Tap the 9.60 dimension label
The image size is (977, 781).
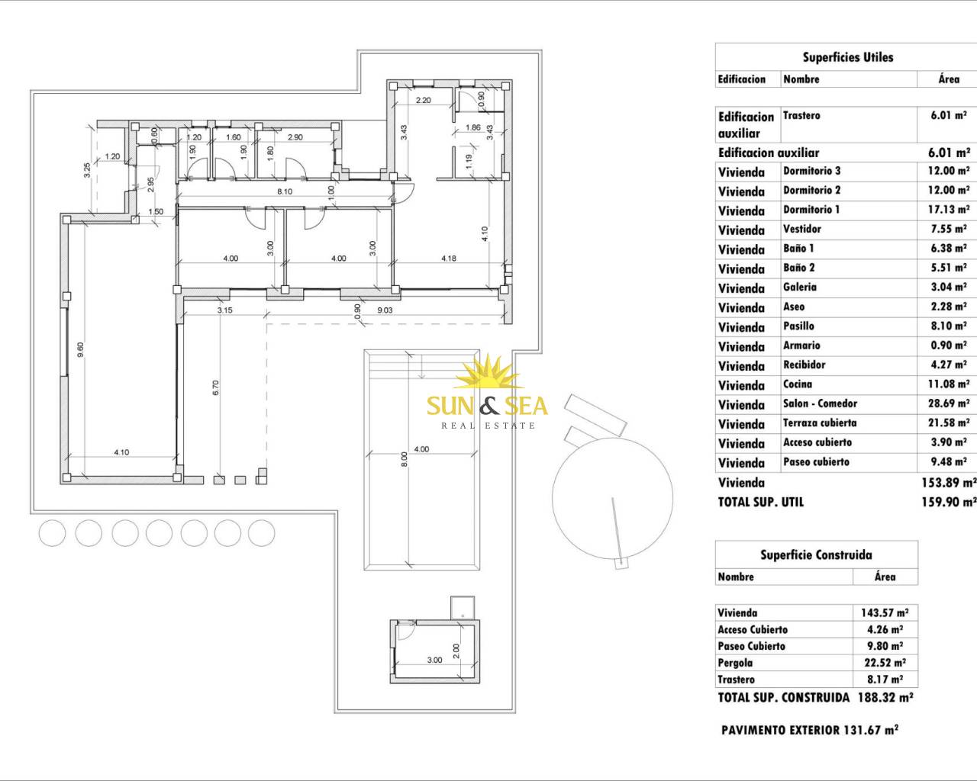tap(80, 349)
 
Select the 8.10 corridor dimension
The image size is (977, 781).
tap(285, 191)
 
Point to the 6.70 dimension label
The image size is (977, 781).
tap(216, 387)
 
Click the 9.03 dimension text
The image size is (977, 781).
tap(385, 310)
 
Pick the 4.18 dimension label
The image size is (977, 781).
tap(449, 259)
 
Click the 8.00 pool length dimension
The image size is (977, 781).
tap(404, 459)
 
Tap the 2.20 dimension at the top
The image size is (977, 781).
tap(423, 100)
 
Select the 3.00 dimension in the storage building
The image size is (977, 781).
tap(434, 660)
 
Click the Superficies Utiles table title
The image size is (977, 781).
tap(847, 57)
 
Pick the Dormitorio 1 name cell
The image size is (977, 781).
tap(811, 210)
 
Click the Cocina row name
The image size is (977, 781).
tap(797, 384)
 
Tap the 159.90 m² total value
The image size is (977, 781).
tap(949, 502)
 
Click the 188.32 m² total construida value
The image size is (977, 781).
tap(885, 698)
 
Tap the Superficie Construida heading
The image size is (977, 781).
tap(816, 555)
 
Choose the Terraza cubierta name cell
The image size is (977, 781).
tap(820, 423)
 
